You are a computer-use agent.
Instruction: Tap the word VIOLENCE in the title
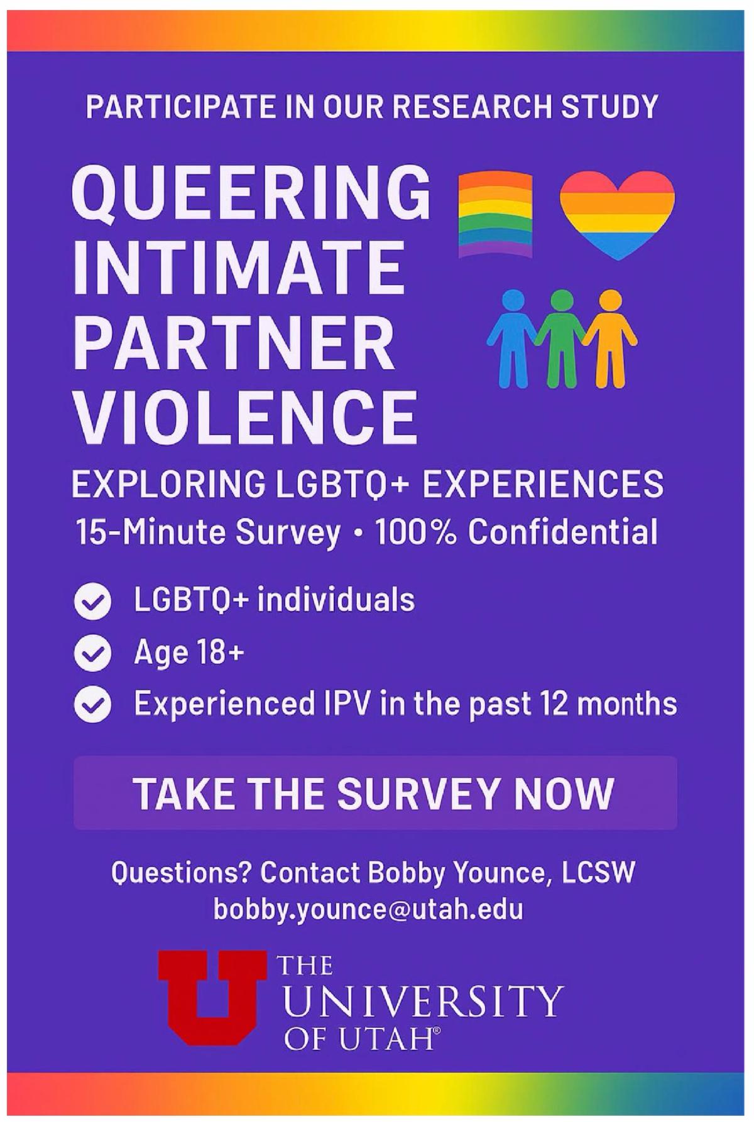coord(245,416)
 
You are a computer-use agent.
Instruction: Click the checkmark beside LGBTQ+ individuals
coord(92,602)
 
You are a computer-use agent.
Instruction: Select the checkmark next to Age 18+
coord(92,654)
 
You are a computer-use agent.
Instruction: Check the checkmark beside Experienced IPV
coord(92,705)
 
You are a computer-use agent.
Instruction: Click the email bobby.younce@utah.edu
coord(368,910)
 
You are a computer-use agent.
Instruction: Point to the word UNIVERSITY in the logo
coord(421,1002)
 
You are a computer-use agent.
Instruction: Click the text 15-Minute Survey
coord(208,533)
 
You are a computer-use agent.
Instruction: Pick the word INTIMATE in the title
coord(238,267)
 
